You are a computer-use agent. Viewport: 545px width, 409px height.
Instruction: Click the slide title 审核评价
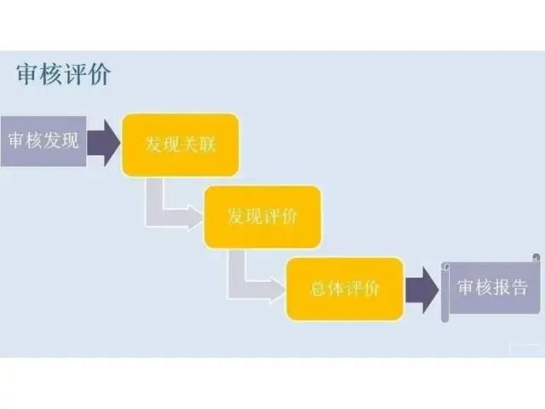tap(63, 74)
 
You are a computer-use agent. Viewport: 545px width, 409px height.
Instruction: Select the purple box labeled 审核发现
tap(42, 140)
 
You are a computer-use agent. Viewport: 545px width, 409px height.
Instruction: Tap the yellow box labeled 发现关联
tap(180, 145)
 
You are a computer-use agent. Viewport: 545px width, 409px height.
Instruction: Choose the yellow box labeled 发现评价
tap(261, 216)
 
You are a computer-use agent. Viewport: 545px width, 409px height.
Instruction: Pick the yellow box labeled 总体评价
tap(343, 288)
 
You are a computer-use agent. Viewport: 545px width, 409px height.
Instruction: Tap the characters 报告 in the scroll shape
tap(510, 288)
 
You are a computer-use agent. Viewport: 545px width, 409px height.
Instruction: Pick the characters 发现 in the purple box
tap(60, 140)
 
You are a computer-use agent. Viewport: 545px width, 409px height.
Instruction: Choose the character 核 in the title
tap(51, 74)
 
